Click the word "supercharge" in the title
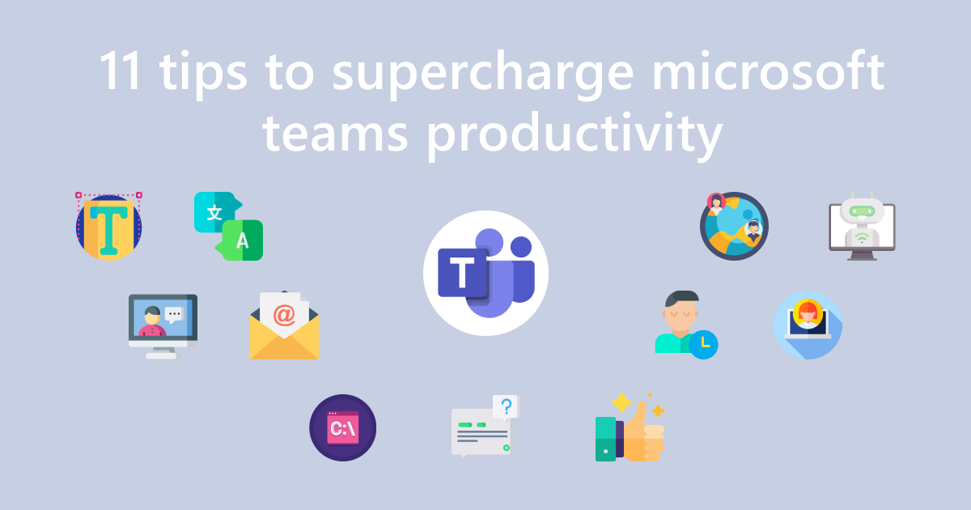483,74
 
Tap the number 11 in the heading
121,70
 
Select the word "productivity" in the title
575,135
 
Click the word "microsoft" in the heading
768,70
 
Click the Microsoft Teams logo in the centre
485,274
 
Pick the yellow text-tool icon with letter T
108,226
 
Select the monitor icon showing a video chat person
163,326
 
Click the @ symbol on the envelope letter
284,315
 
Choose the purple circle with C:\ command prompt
342,427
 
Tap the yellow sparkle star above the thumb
622,402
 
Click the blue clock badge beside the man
703,345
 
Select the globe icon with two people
734,226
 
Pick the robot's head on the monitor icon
862,210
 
